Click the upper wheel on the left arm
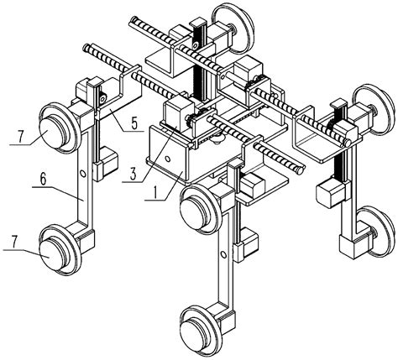[55, 128]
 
